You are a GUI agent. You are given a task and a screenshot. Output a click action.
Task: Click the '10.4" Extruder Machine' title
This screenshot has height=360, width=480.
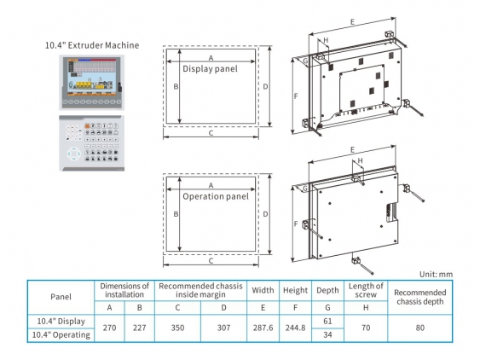point(93,44)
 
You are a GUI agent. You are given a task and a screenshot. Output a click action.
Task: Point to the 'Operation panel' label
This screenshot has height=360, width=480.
point(216,196)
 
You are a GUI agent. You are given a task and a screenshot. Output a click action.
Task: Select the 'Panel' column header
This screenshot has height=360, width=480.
point(61,296)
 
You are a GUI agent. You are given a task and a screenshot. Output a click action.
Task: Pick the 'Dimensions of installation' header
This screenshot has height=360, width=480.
point(124,290)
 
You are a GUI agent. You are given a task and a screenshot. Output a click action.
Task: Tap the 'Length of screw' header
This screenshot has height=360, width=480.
point(366,290)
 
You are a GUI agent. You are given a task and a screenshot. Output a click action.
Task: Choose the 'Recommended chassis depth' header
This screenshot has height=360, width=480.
point(419,296)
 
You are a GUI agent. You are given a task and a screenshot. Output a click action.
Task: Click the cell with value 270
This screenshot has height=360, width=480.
point(109,328)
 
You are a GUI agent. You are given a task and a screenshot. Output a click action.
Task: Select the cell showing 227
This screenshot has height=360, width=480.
point(140,328)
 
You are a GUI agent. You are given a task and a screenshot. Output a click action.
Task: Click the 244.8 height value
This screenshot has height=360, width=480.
point(295,328)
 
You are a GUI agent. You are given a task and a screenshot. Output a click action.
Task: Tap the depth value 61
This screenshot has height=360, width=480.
point(327,320)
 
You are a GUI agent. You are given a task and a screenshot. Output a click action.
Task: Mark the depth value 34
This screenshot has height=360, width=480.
point(327,335)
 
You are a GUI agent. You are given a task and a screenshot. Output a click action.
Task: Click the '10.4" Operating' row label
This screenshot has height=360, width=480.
point(61,335)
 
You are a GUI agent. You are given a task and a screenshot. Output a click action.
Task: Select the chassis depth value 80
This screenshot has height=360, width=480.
point(419,328)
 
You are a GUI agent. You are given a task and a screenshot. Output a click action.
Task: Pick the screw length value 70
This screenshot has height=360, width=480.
point(366,328)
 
